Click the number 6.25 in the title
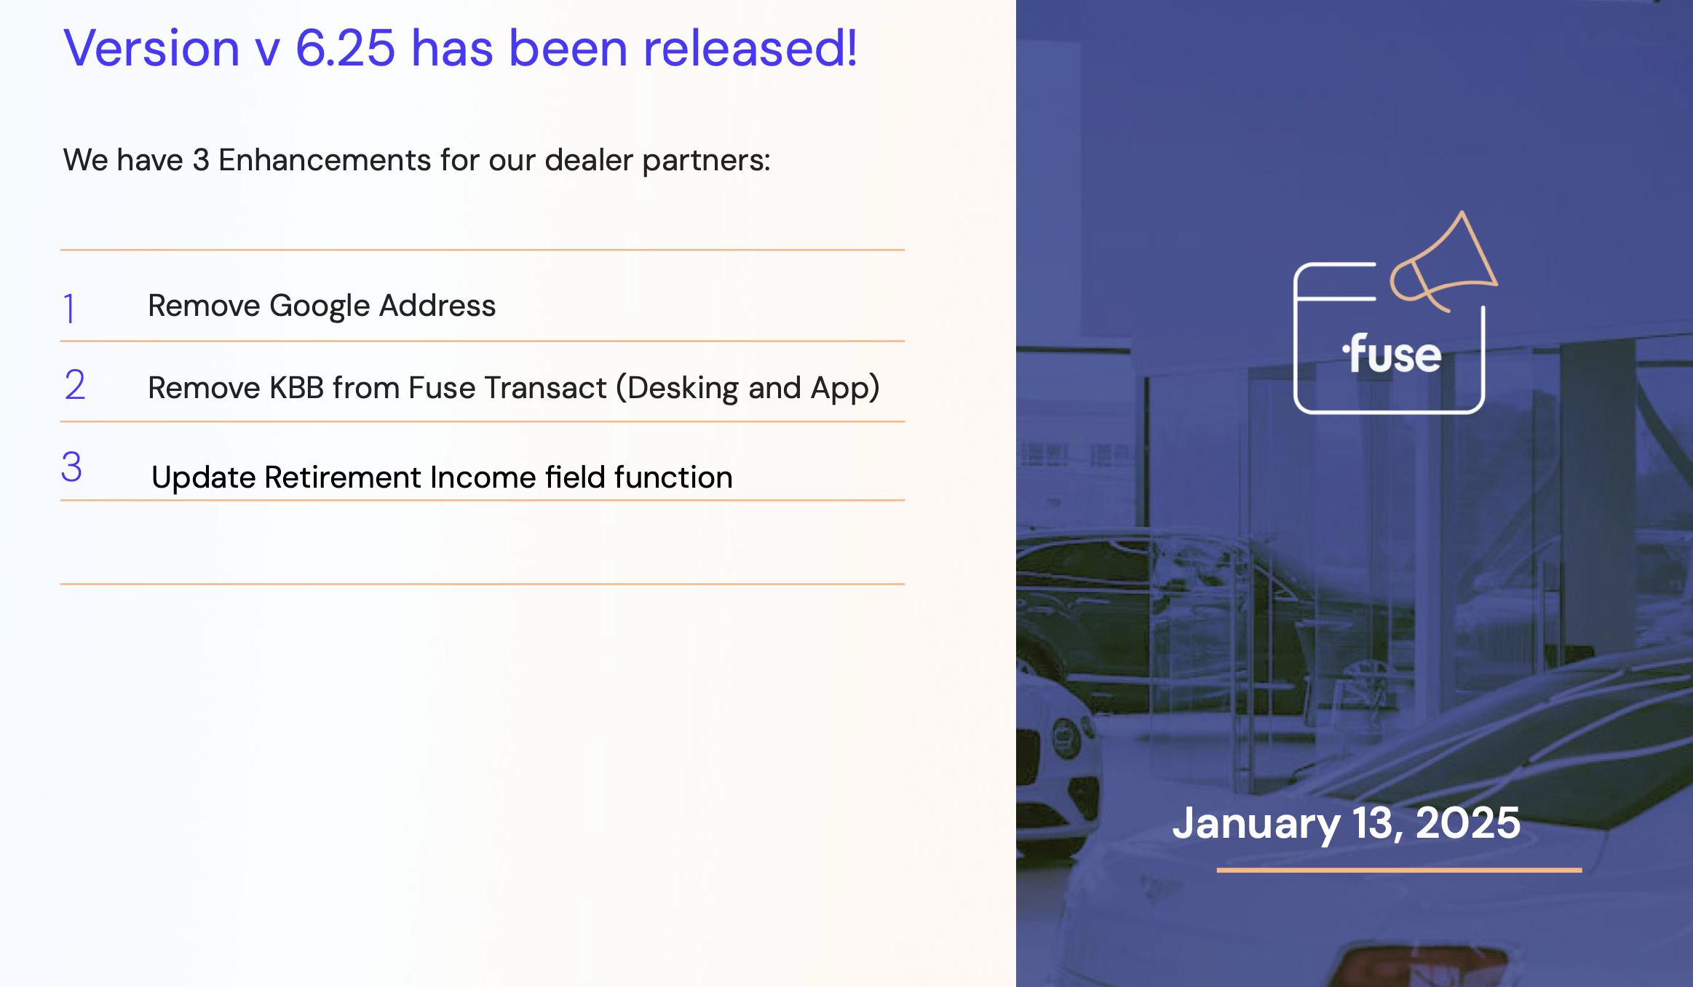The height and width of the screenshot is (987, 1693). (345, 49)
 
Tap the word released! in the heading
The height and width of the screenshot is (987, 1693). (750, 49)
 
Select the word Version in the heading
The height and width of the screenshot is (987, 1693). (151, 49)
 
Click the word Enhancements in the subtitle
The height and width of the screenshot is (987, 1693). (325, 160)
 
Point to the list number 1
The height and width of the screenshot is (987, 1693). (69, 308)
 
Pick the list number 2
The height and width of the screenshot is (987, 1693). (74, 384)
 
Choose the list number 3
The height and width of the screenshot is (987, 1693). (71, 467)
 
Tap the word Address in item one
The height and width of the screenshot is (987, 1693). (437, 306)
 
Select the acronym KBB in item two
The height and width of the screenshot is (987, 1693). (296, 388)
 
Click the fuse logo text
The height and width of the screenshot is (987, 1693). (1392, 354)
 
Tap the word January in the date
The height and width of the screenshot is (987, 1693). (1256, 824)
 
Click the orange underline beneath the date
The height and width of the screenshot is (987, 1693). (1399, 870)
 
